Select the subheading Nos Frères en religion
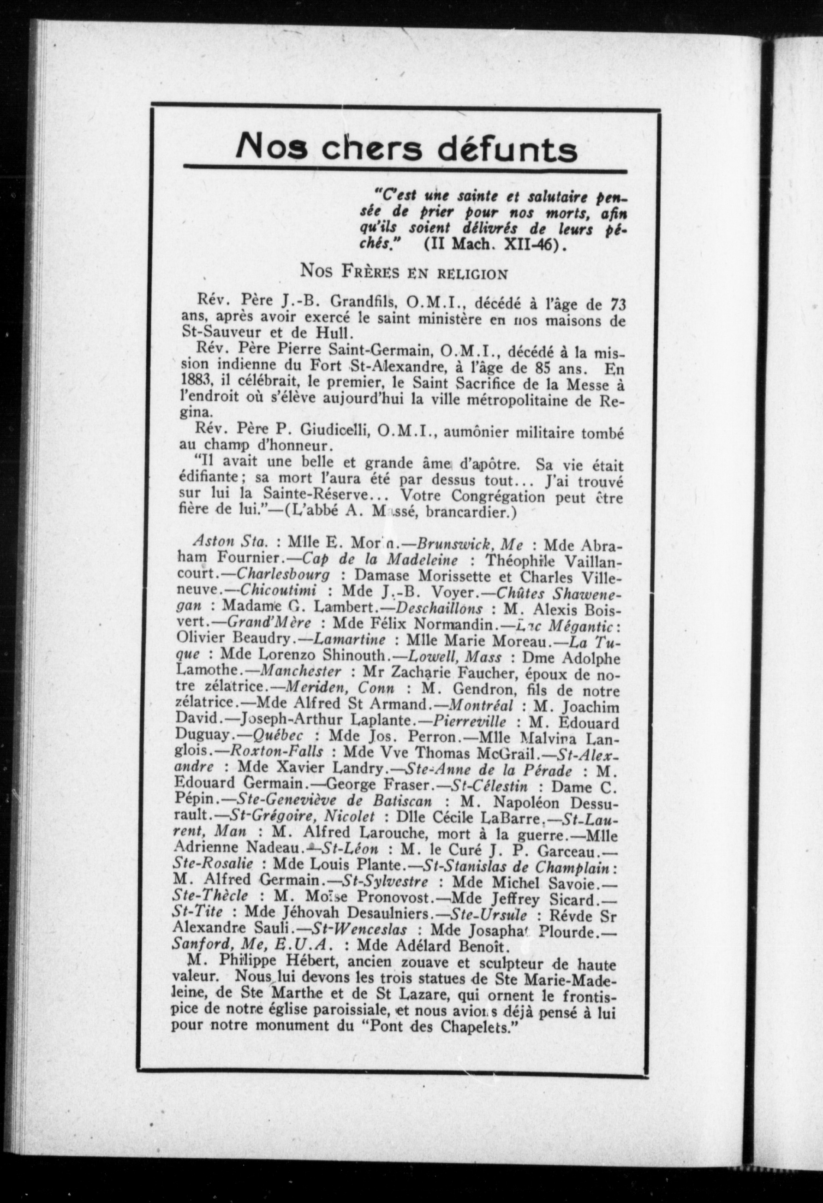click(x=404, y=272)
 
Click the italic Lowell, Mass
click(x=454, y=657)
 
